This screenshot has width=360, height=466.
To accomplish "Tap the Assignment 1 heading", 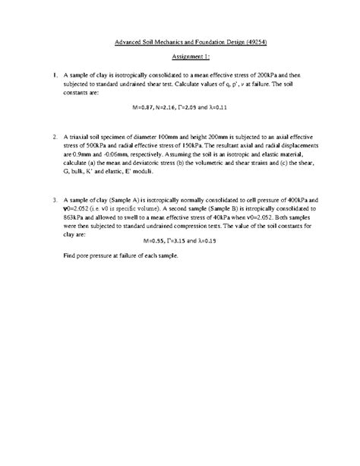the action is point(180,57).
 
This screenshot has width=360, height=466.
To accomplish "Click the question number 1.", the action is point(55,77).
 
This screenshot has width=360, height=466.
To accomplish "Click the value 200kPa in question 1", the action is point(270,77).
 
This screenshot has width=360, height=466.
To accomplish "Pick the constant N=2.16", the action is point(172,107).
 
